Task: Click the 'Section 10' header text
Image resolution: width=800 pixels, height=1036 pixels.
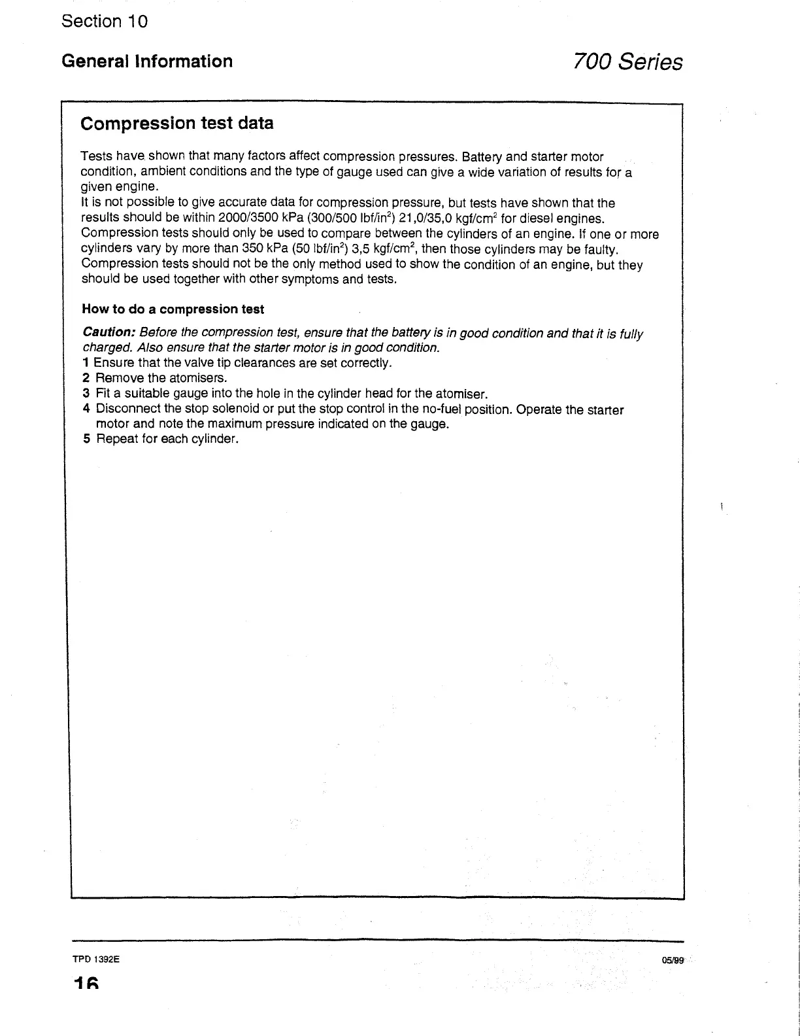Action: click(x=105, y=21)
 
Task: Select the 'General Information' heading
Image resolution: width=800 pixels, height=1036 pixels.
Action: click(x=146, y=61)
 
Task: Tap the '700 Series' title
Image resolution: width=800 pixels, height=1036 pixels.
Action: click(x=627, y=62)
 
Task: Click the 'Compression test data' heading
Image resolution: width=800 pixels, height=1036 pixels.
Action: click(x=176, y=123)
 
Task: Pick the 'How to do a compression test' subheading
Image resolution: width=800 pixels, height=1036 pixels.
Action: click(x=173, y=309)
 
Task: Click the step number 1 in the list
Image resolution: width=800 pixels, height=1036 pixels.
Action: click(x=86, y=363)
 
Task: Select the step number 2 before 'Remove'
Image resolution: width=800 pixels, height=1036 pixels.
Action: click(x=86, y=378)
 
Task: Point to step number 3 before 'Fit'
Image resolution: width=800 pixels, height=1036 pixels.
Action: click(x=86, y=394)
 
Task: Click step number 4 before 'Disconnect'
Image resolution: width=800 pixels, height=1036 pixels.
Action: click(x=86, y=409)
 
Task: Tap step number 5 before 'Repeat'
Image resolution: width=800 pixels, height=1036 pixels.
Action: click(x=86, y=439)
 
